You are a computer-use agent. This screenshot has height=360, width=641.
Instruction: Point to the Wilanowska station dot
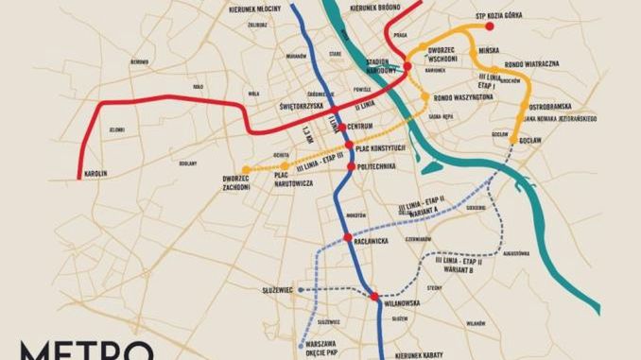pyautogui.click(x=375, y=297)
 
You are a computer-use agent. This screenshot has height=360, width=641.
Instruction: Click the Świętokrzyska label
pyautogui.click(x=303, y=107)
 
